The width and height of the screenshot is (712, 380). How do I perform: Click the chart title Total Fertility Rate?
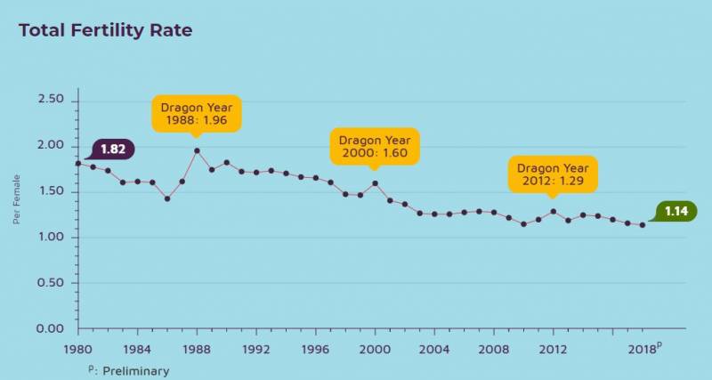[105, 30]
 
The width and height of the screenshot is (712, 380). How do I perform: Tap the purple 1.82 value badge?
[113, 150]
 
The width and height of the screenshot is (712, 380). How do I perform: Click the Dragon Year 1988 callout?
[196, 114]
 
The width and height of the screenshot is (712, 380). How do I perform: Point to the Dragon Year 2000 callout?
[375, 147]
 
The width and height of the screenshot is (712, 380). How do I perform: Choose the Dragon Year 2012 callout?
[553, 174]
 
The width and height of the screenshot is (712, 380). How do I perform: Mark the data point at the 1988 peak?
[197, 150]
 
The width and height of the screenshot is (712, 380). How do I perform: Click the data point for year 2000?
[375, 183]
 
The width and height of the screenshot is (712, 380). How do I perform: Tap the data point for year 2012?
[553, 212]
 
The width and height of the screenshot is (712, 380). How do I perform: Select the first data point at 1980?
[78, 163]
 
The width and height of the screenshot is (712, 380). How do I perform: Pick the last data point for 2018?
[642, 225]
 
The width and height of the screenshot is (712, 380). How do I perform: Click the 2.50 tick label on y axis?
[50, 100]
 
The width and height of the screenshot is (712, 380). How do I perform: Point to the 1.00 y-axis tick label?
[50, 237]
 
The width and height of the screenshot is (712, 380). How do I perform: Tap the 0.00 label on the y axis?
[50, 328]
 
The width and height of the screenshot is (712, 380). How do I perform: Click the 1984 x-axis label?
[137, 348]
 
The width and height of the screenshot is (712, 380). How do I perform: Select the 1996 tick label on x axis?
[315, 348]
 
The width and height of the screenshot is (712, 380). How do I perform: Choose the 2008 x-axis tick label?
[493, 348]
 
